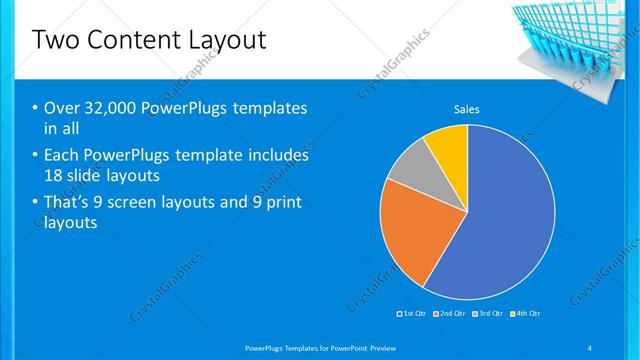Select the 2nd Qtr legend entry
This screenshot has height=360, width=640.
click(451, 313)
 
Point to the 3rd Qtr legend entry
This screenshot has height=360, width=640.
click(489, 313)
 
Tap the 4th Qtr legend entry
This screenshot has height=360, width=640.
click(527, 313)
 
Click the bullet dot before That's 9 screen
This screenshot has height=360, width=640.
click(36, 203)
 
